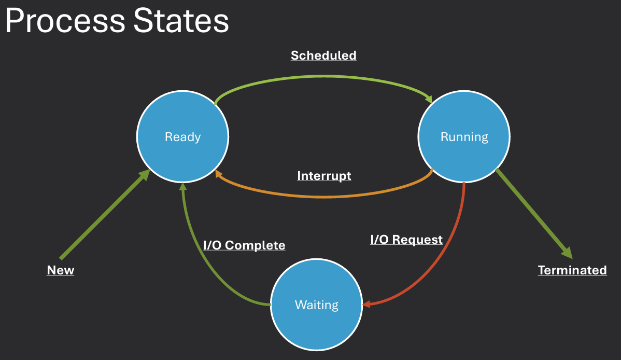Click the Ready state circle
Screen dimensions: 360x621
point(182,137)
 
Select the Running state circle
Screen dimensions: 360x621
point(464,137)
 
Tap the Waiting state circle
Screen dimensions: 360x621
point(316,304)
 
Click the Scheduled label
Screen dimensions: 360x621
point(323,56)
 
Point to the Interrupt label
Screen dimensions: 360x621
point(324,176)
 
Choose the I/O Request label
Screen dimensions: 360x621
point(406,239)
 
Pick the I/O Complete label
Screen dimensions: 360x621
point(244,245)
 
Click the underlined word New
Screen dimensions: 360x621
point(61,270)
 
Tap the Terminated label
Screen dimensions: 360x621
point(572,270)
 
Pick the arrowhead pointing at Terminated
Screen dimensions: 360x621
point(567,253)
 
